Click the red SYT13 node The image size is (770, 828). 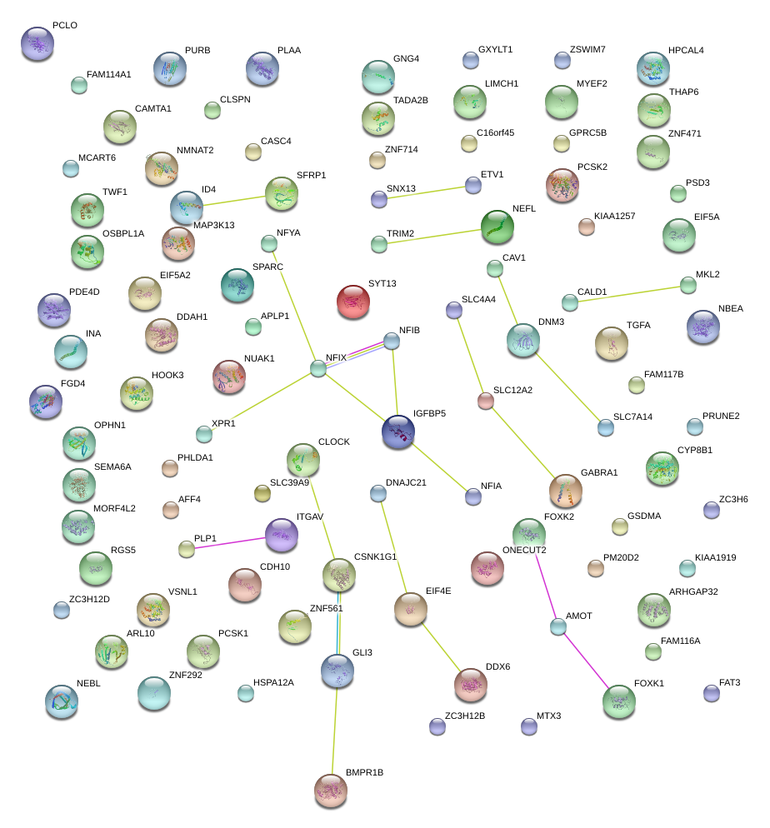[353, 302]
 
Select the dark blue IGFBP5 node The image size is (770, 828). [398, 432]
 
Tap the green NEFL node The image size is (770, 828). [497, 227]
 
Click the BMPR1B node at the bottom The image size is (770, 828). [331, 790]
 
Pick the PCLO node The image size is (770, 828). [37, 43]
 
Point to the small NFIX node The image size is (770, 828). [318, 368]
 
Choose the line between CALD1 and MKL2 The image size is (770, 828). [629, 293]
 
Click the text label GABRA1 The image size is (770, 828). [599, 472]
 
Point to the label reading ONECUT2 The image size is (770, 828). [524, 550]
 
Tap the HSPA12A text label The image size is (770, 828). [273, 682]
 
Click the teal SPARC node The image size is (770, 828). [237, 286]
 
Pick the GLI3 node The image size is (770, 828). [337, 669]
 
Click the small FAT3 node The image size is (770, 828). [711, 693]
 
